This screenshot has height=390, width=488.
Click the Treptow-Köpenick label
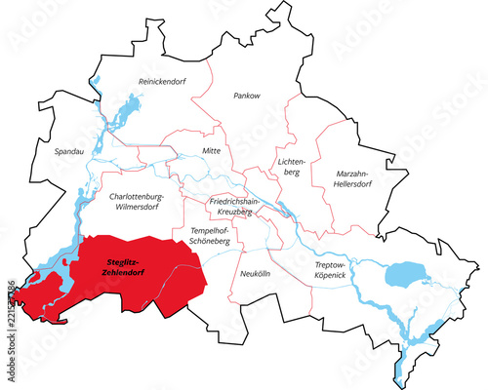pyautogui.click(x=331, y=270)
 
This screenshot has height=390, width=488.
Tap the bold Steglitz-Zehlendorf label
pyautogui.click(x=130, y=265)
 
